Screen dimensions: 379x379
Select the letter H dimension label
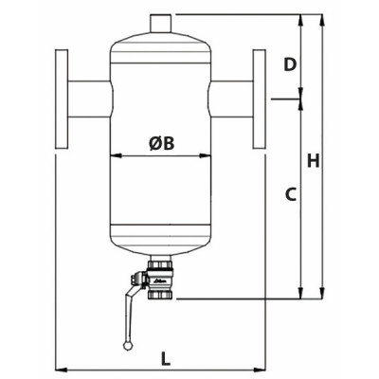pyautogui.click(x=338, y=162)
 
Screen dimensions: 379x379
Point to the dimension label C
pyautogui.click(x=292, y=195)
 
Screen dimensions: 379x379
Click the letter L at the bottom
pyautogui.click(x=165, y=358)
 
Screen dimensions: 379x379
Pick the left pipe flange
pyautogui.click(x=63, y=98)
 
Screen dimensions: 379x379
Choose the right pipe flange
pyautogui.click(x=260, y=98)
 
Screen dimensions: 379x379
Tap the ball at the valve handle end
pyautogui.click(x=128, y=345)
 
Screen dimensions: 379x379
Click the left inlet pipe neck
pyautogui.click(x=90, y=98)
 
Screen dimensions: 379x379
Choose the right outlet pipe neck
pyautogui.click(x=233, y=98)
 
